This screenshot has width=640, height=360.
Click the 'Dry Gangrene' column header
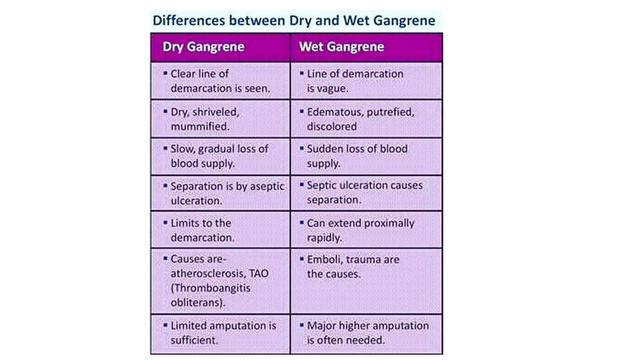click(203, 47)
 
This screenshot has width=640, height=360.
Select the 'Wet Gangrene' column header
click(341, 47)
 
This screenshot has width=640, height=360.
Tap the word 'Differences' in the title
click(188, 21)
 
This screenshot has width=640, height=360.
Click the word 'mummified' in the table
click(200, 127)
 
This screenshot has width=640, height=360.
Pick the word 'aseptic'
click(267, 186)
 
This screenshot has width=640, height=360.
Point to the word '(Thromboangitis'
click(210, 288)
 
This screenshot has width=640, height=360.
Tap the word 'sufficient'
click(193, 340)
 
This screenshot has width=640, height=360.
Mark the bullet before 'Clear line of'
click(165, 73)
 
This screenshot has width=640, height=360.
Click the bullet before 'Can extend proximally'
click(302, 223)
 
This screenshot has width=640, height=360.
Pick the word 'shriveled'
click(216, 112)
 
